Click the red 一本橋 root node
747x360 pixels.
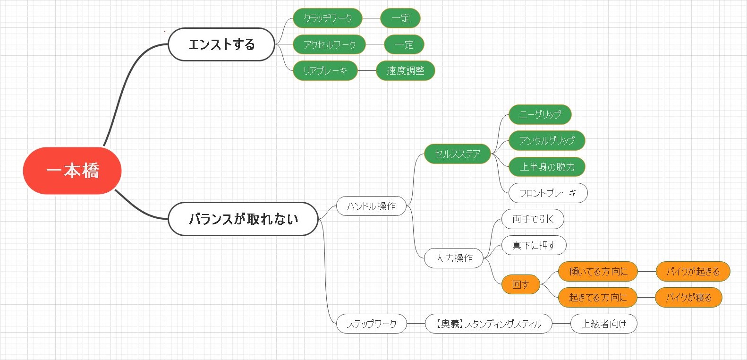(x=72, y=171)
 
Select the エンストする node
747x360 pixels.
(x=221, y=44)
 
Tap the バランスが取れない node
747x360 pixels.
(x=243, y=219)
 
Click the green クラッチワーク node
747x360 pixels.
(x=328, y=18)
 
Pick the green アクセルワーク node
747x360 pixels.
(x=329, y=44)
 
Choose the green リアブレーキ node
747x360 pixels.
(x=325, y=70)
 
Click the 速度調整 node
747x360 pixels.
(x=405, y=70)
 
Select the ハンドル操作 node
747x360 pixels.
(x=371, y=206)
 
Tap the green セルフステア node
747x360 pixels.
(x=457, y=154)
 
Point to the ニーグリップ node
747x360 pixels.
(x=540, y=114)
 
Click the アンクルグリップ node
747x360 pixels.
(x=547, y=140)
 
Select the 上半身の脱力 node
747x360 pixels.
(x=547, y=167)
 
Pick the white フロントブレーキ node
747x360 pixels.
(x=548, y=193)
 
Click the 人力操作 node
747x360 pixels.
(x=454, y=258)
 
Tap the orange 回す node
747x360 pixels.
(x=520, y=284)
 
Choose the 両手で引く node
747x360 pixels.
(x=533, y=219)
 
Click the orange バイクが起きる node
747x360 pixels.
(x=693, y=271)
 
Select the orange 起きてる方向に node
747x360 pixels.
(x=597, y=297)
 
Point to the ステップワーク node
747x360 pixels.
(x=371, y=324)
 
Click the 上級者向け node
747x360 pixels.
(x=603, y=324)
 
